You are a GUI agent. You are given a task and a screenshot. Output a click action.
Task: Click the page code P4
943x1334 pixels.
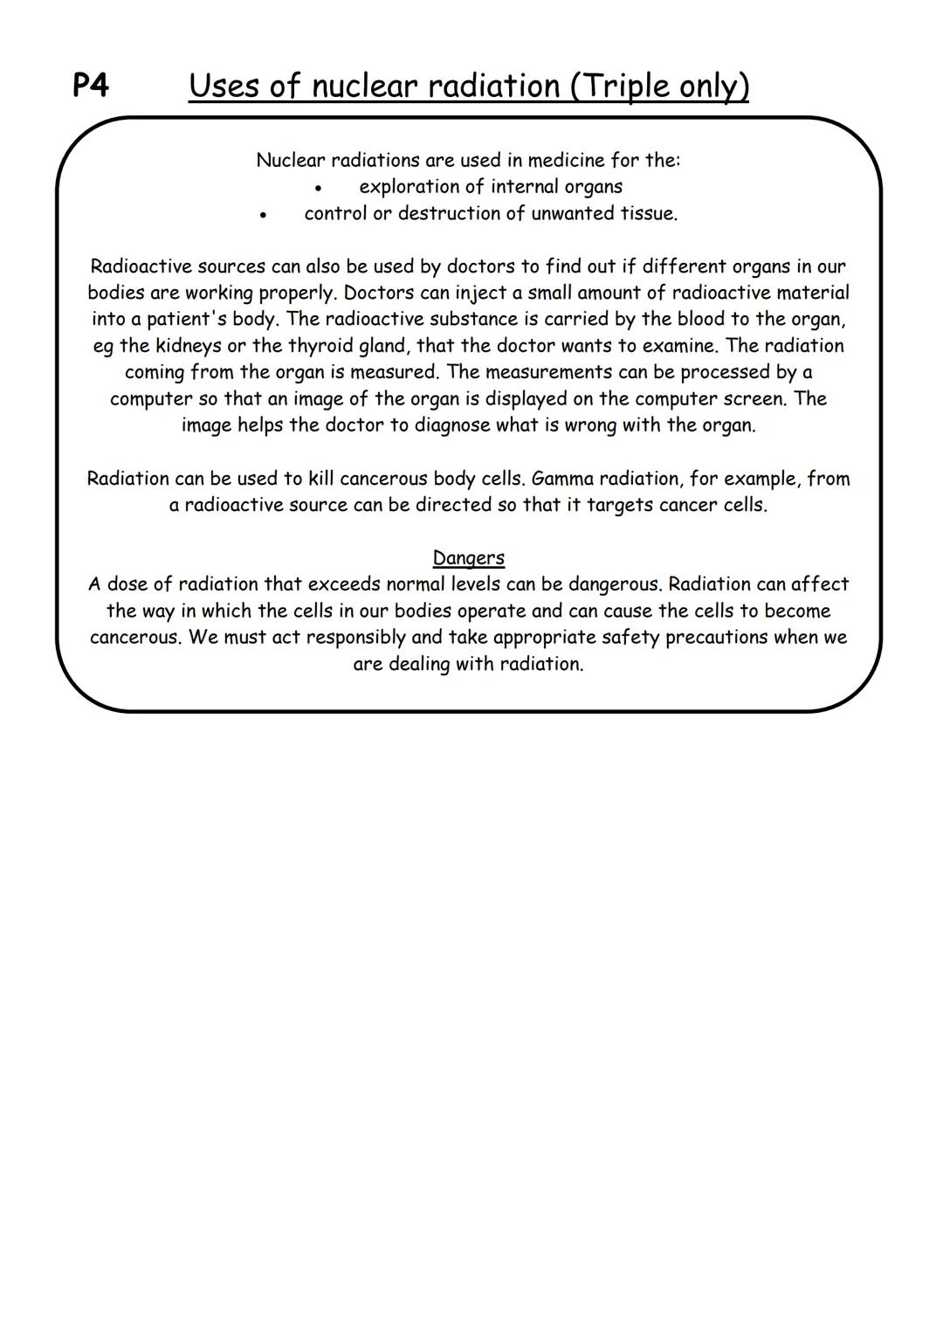[x=91, y=86]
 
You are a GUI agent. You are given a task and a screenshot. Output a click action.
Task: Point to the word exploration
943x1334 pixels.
[x=410, y=187]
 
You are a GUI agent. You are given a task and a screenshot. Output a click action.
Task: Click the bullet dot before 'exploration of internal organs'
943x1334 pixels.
[x=320, y=188]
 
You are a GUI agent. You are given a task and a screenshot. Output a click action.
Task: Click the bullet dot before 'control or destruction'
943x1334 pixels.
[x=262, y=215]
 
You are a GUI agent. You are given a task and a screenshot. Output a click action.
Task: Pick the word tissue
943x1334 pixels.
[x=648, y=213]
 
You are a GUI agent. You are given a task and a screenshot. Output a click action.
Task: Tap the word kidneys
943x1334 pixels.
[x=189, y=346]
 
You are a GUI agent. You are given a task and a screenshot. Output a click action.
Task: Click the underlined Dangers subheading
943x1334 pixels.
[x=469, y=557]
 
